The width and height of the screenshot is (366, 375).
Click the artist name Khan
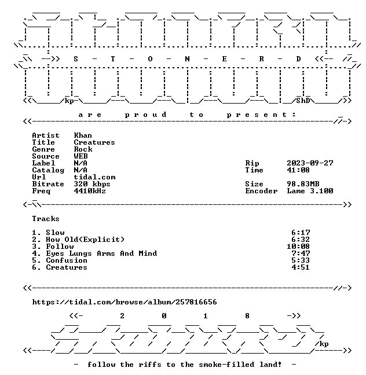83,135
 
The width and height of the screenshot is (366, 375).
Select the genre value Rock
83,149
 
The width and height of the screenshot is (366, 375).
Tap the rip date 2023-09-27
310,163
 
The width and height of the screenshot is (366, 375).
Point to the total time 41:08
298,170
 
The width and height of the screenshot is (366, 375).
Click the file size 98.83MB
303,184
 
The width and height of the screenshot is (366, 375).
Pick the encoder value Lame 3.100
310,191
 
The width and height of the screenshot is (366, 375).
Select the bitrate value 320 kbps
92,184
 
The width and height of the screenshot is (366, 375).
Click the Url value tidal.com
94,177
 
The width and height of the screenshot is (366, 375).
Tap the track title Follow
60,247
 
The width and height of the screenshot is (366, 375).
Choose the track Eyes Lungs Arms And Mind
101,253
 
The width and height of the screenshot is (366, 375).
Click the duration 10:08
298,247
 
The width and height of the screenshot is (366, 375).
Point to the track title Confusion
67,260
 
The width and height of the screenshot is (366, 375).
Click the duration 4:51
301,267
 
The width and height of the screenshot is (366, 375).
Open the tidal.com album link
125,302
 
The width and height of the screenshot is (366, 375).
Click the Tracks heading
46,219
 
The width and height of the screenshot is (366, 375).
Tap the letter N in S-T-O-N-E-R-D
187,59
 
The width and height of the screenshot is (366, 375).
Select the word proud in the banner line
145,115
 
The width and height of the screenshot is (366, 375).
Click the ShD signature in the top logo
303,101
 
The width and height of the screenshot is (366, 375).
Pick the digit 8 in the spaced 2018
247,316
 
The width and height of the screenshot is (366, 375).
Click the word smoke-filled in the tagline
226,365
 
